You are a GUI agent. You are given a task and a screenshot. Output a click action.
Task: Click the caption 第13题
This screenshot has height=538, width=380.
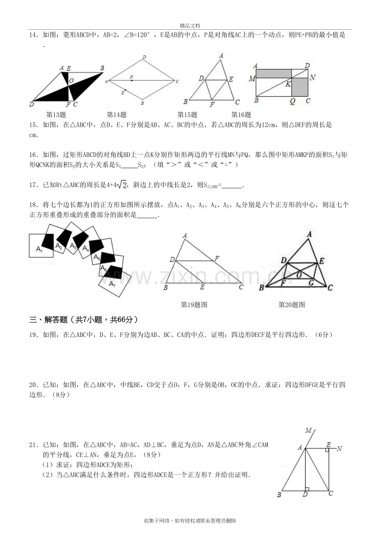(56, 115)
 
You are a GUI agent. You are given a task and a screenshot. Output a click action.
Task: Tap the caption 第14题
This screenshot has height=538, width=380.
(116, 115)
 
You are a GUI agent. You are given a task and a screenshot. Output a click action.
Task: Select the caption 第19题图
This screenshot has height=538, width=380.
(194, 305)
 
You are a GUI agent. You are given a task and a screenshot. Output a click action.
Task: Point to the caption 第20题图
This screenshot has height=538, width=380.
(292, 305)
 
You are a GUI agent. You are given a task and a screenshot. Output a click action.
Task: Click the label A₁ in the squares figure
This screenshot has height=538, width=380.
(39, 249)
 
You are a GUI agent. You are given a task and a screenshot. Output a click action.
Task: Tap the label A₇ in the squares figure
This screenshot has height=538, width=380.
(112, 284)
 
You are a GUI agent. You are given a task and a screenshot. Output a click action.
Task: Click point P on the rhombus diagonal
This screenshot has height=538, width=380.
(132, 80)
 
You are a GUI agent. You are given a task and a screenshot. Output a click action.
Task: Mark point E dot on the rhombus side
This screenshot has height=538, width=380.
(126, 90)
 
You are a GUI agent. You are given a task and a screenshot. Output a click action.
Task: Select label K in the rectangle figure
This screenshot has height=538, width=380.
(288, 84)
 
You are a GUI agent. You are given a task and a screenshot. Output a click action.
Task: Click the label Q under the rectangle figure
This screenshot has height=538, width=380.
(292, 101)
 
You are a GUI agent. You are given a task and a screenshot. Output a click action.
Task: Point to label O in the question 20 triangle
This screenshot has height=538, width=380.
(299, 275)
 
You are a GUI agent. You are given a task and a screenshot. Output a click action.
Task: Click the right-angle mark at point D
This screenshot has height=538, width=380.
(307, 489)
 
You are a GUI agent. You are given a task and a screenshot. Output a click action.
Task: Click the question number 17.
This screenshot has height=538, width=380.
(33, 185)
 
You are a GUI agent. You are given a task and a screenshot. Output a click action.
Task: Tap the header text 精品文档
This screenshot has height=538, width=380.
(190, 26)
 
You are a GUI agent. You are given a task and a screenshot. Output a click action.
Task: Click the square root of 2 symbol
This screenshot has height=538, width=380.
(122, 185)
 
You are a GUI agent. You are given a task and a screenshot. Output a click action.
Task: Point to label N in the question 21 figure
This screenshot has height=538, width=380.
(339, 448)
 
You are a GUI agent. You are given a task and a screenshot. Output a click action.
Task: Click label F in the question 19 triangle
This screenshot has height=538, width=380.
(217, 258)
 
